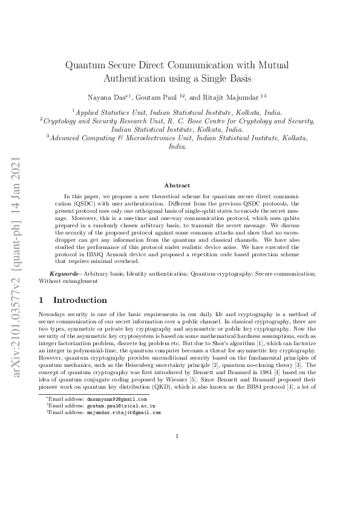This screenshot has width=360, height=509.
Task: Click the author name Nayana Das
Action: click(106, 97)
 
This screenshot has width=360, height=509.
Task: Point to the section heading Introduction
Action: click(80, 300)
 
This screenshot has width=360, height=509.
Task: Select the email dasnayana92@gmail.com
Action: click(117, 400)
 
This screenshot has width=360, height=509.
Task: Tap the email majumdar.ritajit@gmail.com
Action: click(123, 413)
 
